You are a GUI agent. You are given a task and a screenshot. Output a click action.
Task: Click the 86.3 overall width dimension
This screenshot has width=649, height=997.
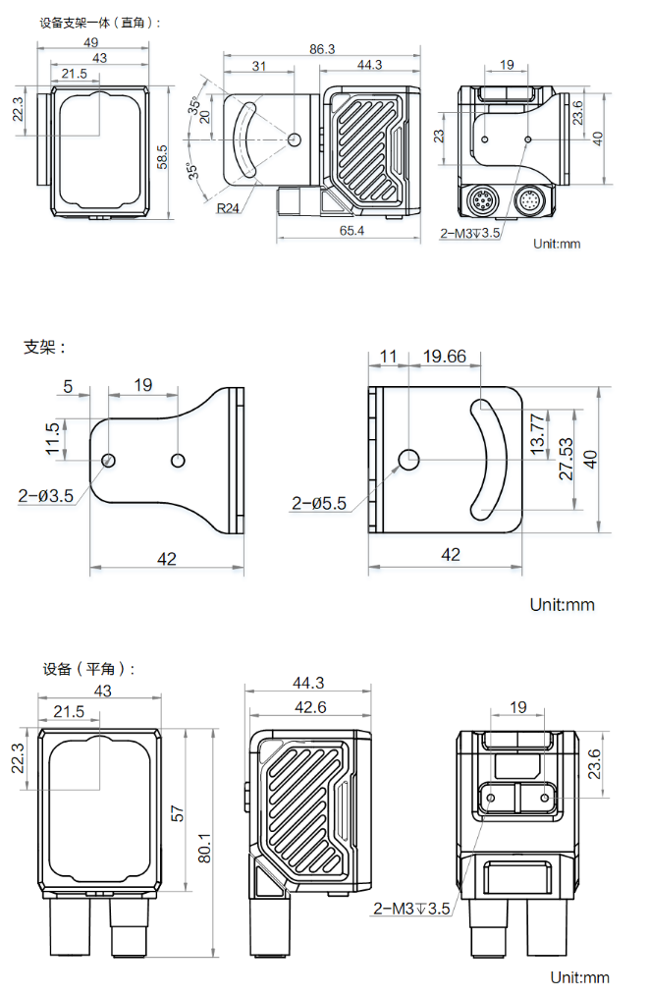click(x=322, y=48)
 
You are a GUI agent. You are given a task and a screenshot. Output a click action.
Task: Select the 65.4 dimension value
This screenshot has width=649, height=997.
click(x=352, y=231)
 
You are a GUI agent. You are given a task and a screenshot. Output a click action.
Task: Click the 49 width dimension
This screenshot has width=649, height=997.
click(x=90, y=42)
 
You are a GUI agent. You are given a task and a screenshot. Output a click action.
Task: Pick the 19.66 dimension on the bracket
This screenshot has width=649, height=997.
click(x=444, y=357)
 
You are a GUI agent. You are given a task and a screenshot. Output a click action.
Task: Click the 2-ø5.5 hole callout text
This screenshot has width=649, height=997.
click(x=319, y=504)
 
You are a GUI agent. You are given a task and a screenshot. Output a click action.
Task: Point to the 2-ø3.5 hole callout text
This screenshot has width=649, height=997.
click(x=45, y=496)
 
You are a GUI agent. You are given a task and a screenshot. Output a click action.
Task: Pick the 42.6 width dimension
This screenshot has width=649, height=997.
click(x=308, y=707)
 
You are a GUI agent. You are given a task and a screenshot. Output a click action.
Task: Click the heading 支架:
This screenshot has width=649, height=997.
click(x=45, y=348)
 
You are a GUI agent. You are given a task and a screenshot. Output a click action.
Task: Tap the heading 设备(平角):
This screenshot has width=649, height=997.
click(x=88, y=669)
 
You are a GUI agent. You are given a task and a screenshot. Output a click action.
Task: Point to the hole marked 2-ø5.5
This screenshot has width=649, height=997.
click(x=409, y=459)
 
